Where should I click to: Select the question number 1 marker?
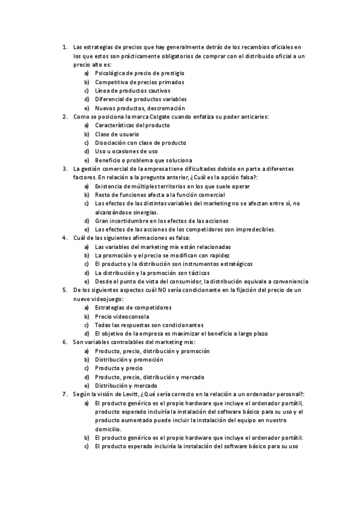coord(64,46)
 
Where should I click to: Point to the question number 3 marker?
coord(64,169)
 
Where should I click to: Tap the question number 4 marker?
coord(64,238)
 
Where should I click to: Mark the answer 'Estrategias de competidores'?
coord(133,307)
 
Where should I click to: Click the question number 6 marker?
coord(64,342)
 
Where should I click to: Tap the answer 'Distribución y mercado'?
coord(126,386)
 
